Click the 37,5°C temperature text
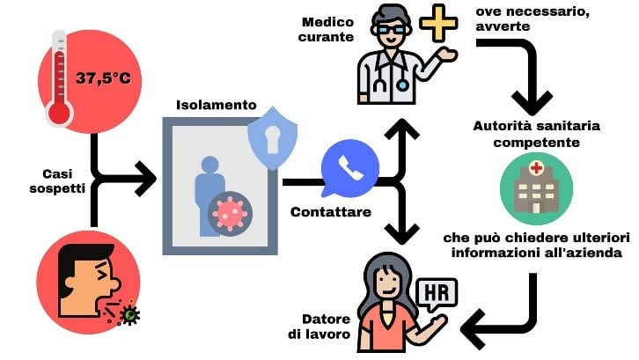point(104,77)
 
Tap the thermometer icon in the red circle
point(60,77)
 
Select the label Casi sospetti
point(57,181)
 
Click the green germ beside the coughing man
point(130,313)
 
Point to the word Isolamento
point(217,105)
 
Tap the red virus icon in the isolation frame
point(231,213)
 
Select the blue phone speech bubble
point(349,168)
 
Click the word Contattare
point(331,212)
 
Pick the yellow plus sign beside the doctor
point(438,23)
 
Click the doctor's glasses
point(391,29)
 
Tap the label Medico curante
point(326,29)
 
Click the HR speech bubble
point(438,293)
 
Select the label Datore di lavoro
point(319,327)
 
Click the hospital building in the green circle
point(536,188)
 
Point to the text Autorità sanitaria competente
point(536,134)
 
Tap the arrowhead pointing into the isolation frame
point(145,179)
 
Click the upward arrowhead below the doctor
point(402,130)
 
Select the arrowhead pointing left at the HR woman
point(474,329)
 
